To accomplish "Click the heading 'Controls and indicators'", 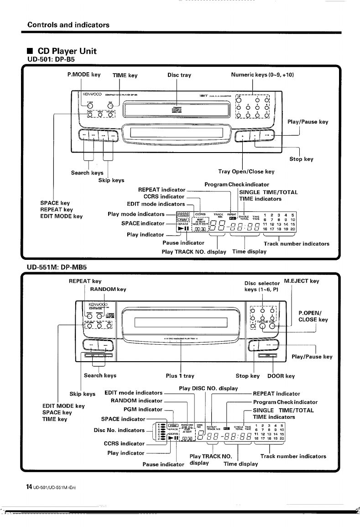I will click(x=68, y=25).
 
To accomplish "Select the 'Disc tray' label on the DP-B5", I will click(x=179, y=75).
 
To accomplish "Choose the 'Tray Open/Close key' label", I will click(x=246, y=172).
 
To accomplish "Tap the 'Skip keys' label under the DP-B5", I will click(x=111, y=180).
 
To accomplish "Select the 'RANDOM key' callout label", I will click(x=108, y=289).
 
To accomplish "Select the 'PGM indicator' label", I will click(x=144, y=409).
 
